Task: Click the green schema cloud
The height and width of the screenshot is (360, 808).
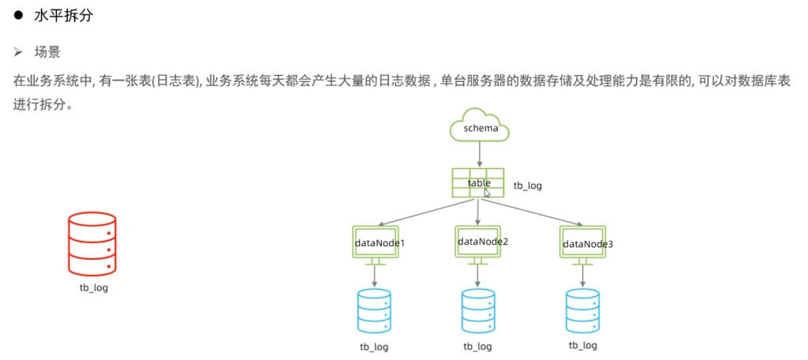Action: (x=480, y=126)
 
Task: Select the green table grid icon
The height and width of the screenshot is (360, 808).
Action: (x=478, y=183)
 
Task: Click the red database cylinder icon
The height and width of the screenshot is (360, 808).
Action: (x=93, y=242)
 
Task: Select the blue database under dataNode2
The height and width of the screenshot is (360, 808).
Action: (x=478, y=311)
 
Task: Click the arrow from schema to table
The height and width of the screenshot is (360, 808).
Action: (x=479, y=155)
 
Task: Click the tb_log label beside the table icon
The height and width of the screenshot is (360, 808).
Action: (x=528, y=186)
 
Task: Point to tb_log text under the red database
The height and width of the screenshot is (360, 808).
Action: (x=93, y=288)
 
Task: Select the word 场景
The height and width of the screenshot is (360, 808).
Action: (x=47, y=53)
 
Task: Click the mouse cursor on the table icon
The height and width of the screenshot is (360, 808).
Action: (x=488, y=193)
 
